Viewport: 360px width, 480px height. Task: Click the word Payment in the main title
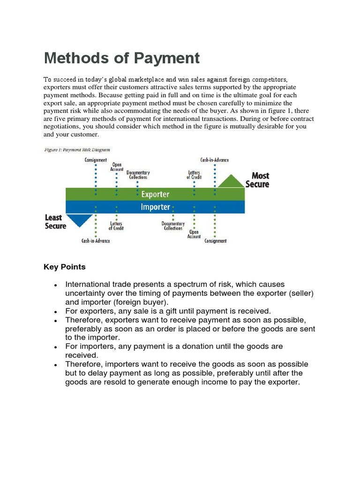(167, 58)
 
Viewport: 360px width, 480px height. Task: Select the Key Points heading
(65, 267)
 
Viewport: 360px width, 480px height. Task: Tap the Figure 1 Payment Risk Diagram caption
(77, 150)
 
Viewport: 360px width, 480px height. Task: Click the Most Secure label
(257, 180)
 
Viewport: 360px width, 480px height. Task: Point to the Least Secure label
(55, 222)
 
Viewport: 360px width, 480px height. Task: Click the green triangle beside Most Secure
(232, 181)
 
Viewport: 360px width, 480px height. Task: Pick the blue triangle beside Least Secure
(79, 219)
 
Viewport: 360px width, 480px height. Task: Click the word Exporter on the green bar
(155, 194)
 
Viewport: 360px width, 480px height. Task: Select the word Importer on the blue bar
(155, 207)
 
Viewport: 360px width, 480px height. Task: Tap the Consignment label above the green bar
(96, 160)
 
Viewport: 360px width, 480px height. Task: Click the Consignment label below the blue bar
(215, 241)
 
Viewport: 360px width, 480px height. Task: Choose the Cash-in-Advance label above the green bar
(215, 160)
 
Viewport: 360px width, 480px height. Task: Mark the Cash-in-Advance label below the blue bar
(96, 241)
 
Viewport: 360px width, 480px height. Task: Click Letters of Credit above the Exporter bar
(195, 174)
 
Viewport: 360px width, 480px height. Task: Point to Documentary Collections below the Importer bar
(173, 226)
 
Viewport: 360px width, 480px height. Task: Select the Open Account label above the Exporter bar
(117, 167)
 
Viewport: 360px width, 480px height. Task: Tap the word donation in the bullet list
(209, 346)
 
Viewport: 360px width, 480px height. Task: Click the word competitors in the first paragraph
(267, 80)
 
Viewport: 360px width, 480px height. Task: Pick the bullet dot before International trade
(56, 285)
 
